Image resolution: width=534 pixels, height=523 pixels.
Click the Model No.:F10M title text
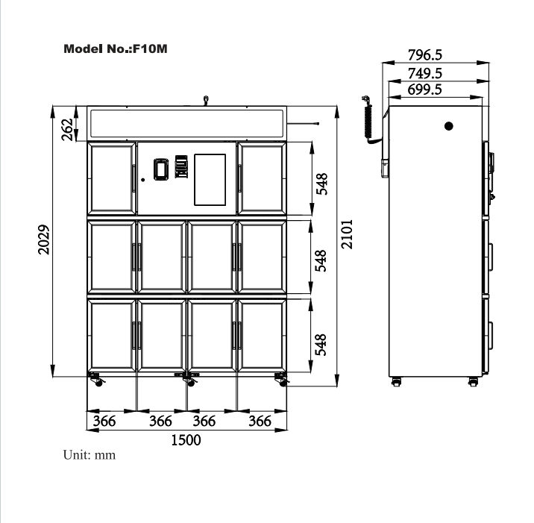point(116,48)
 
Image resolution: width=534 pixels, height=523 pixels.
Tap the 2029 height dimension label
point(43,239)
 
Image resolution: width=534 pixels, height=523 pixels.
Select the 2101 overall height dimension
point(347,234)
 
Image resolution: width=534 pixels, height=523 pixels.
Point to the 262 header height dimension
point(67,130)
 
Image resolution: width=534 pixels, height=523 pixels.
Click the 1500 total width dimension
point(186,440)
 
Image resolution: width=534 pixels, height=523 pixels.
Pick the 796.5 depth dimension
point(425,55)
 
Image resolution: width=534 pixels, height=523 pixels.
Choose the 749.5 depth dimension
point(425,73)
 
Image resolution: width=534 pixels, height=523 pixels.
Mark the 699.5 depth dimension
point(424,90)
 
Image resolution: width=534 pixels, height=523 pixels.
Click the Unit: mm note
point(89,455)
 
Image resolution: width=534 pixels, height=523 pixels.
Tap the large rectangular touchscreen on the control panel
point(210,180)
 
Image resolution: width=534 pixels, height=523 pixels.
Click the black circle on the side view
point(449,126)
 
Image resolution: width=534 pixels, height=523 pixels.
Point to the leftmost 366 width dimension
point(104,421)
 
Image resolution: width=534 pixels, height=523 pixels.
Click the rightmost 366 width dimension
point(260,421)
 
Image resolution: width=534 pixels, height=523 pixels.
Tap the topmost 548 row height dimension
point(321,184)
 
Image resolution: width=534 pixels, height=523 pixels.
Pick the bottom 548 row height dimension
point(321,345)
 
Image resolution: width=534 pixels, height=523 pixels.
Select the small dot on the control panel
point(143,180)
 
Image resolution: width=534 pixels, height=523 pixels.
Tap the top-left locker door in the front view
point(112,178)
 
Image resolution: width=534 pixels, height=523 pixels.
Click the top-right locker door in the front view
point(262,178)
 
